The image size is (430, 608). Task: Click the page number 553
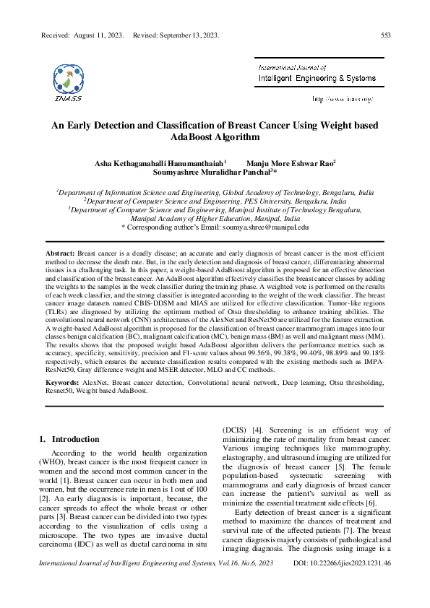click(387, 35)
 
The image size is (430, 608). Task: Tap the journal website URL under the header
click(342, 98)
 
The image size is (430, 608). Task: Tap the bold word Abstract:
click(60, 256)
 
